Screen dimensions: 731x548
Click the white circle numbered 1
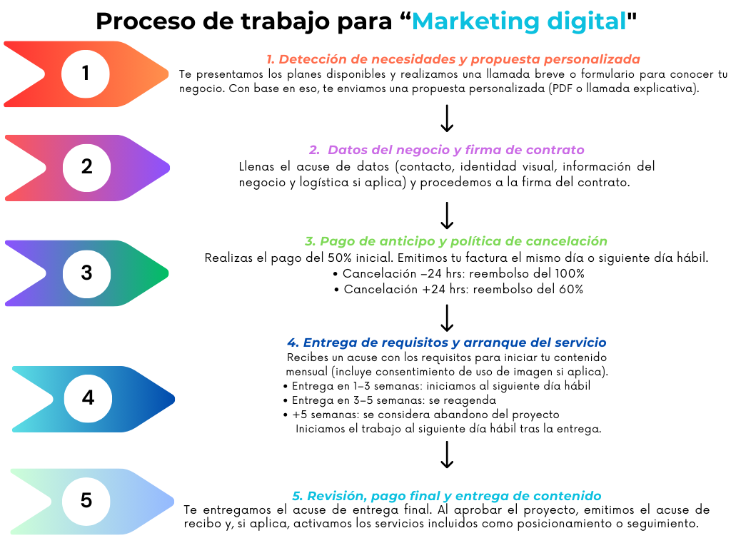click(86, 73)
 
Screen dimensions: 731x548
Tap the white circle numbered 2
click(86, 167)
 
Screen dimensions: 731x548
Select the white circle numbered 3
click(86, 273)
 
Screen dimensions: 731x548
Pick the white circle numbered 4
click(88, 397)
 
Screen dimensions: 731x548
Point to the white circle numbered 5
click(86, 500)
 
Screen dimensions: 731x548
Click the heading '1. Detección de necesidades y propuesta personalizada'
click(453, 59)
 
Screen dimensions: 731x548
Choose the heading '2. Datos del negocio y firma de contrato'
click(447, 150)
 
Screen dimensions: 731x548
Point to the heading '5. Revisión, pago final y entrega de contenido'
click(447, 496)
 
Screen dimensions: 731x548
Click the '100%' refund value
click(569, 274)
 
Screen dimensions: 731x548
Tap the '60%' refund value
click(570, 290)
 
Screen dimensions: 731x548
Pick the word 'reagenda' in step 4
click(472, 400)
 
